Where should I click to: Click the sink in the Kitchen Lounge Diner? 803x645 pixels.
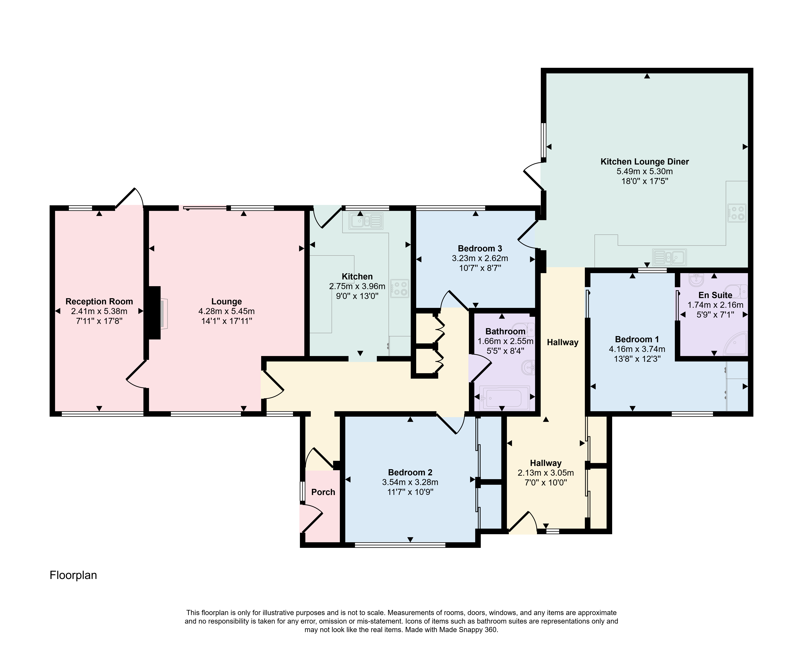point(669,257)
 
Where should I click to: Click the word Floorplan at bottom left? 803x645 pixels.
point(73,575)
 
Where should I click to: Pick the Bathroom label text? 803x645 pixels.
point(505,331)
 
